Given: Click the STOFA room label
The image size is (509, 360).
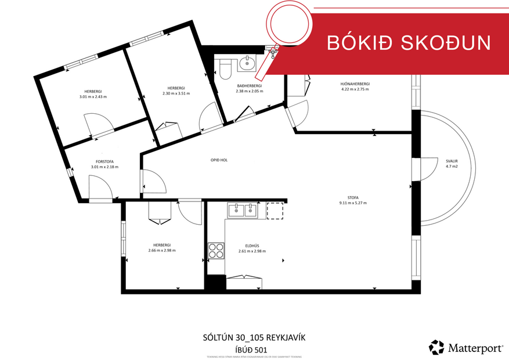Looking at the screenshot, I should pyautogui.click(x=353, y=197).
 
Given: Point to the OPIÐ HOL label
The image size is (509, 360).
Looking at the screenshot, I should pyautogui.click(x=219, y=160).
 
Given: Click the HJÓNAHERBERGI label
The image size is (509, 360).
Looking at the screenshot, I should pyautogui.click(x=355, y=84).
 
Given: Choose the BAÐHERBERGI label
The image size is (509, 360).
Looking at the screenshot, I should pyautogui.click(x=249, y=85).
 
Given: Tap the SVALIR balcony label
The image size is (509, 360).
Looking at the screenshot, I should pyautogui.click(x=452, y=161).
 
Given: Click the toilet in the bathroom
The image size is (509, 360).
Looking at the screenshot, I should pyautogui.click(x=226, y=70).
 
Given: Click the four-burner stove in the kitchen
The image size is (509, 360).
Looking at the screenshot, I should pyautogui.click(x=216, y=250).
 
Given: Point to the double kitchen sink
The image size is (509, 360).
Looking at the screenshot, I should pyautogui.click(x=243, y=210).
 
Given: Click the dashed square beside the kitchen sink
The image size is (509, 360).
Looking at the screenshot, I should pyautogui.click(x=275, y=211).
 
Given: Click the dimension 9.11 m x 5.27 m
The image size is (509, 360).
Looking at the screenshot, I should pyautogui.click(x=353, y=203).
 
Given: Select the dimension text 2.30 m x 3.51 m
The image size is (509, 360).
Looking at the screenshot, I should pyautogui.click(x=176, y=93).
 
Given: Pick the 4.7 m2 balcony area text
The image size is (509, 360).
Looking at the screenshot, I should pyautogui.click(x=452, y=167).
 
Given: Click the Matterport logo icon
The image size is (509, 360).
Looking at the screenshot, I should pyautogui.click(x=436, y=347).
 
